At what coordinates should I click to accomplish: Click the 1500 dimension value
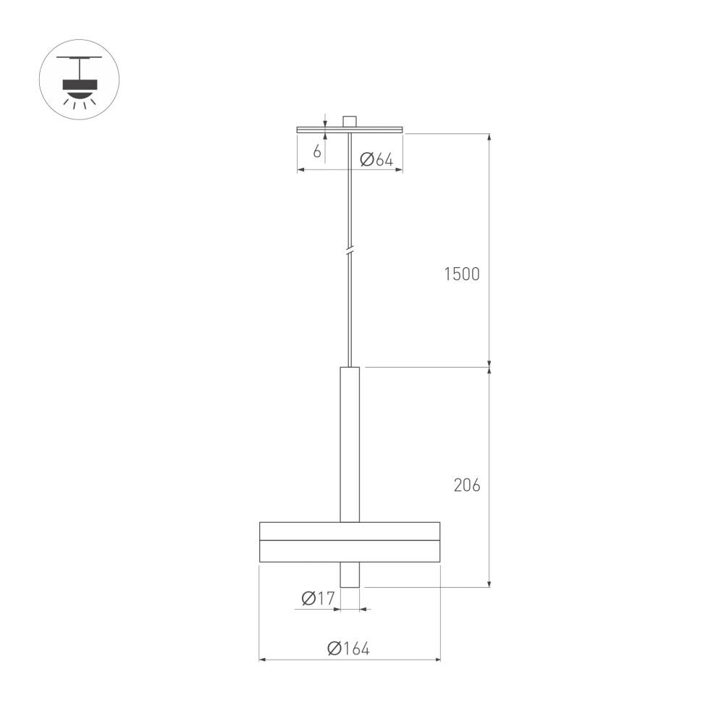[462, 274]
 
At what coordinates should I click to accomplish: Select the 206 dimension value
[467, 485]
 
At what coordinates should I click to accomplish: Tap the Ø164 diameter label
[348, 649]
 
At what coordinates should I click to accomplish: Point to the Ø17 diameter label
[317, 598]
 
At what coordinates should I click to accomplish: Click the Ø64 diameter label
[376, 160]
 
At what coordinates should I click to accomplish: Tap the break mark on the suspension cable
[350, 251]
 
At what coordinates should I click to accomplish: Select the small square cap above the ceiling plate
[350, 122]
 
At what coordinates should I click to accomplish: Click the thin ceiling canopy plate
[350, 130]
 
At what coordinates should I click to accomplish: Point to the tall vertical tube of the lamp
[350, 443]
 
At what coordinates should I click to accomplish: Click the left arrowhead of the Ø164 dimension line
[263, 660]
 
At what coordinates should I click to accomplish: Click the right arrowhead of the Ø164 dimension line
[437, 660]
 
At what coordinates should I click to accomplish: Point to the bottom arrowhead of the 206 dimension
[490, 583]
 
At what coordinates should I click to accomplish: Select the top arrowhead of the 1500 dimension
[490, 138]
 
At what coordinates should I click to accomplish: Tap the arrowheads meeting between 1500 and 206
[490, 367]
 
